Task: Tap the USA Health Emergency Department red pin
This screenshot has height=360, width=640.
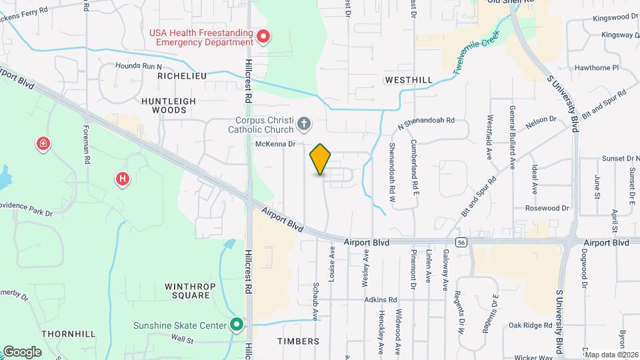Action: pyautogui.click(x=263, y=36)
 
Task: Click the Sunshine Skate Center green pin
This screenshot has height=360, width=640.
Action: pyautogui.click(x=237, y=325)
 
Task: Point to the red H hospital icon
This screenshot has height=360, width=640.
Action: pyautogui.click(x=123, y=178)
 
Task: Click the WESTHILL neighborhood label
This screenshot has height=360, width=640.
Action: pyautogui.click(x=409, y=80)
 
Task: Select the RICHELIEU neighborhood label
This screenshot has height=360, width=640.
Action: pyautogui.click(x=182, y=76)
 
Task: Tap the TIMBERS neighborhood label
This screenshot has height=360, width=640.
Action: pyautogui.click(x=298, y=341)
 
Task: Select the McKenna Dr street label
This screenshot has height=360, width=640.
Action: pyautogui.click(x=274, y=143)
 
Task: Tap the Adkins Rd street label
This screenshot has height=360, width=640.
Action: pyautogui.click(x=381, y=300)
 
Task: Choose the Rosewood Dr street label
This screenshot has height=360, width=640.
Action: pyautogui.click(x=546, y=208)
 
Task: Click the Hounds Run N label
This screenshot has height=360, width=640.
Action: pyautogui.click(x=139, y=66)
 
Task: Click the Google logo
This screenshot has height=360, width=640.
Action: pyautogui.click(x=22, y=351)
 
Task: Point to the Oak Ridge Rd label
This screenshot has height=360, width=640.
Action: pyautogui.click(x=530, y=325)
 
